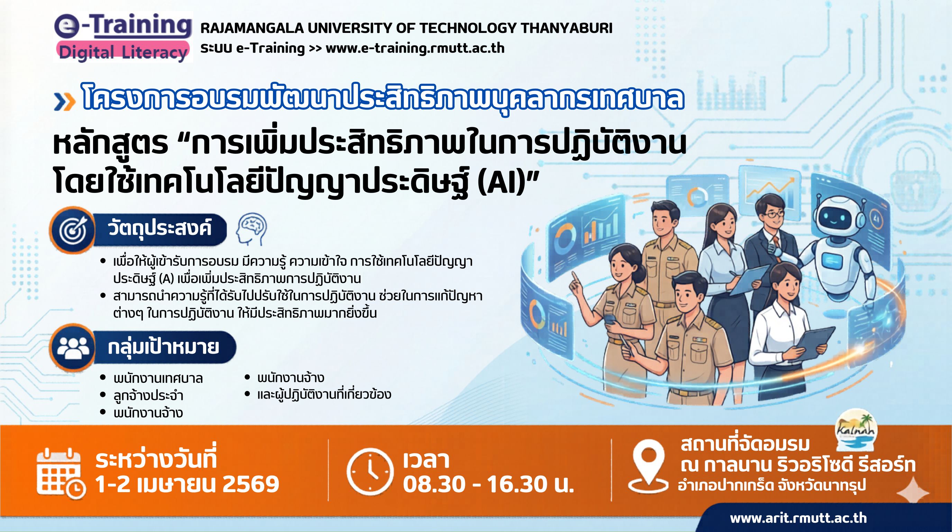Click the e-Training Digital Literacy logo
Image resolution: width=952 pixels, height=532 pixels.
tap(123, 37)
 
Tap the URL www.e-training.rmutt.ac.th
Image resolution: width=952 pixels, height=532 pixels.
tap(415, 48)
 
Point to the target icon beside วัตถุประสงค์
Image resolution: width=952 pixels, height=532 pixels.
tap(73, 230)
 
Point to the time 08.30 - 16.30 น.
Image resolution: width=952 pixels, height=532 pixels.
tap(488, 484)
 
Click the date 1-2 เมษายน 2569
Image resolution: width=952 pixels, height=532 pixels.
tap(187, 484)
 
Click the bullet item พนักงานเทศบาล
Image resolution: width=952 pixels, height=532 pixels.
tap(158, 379)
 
